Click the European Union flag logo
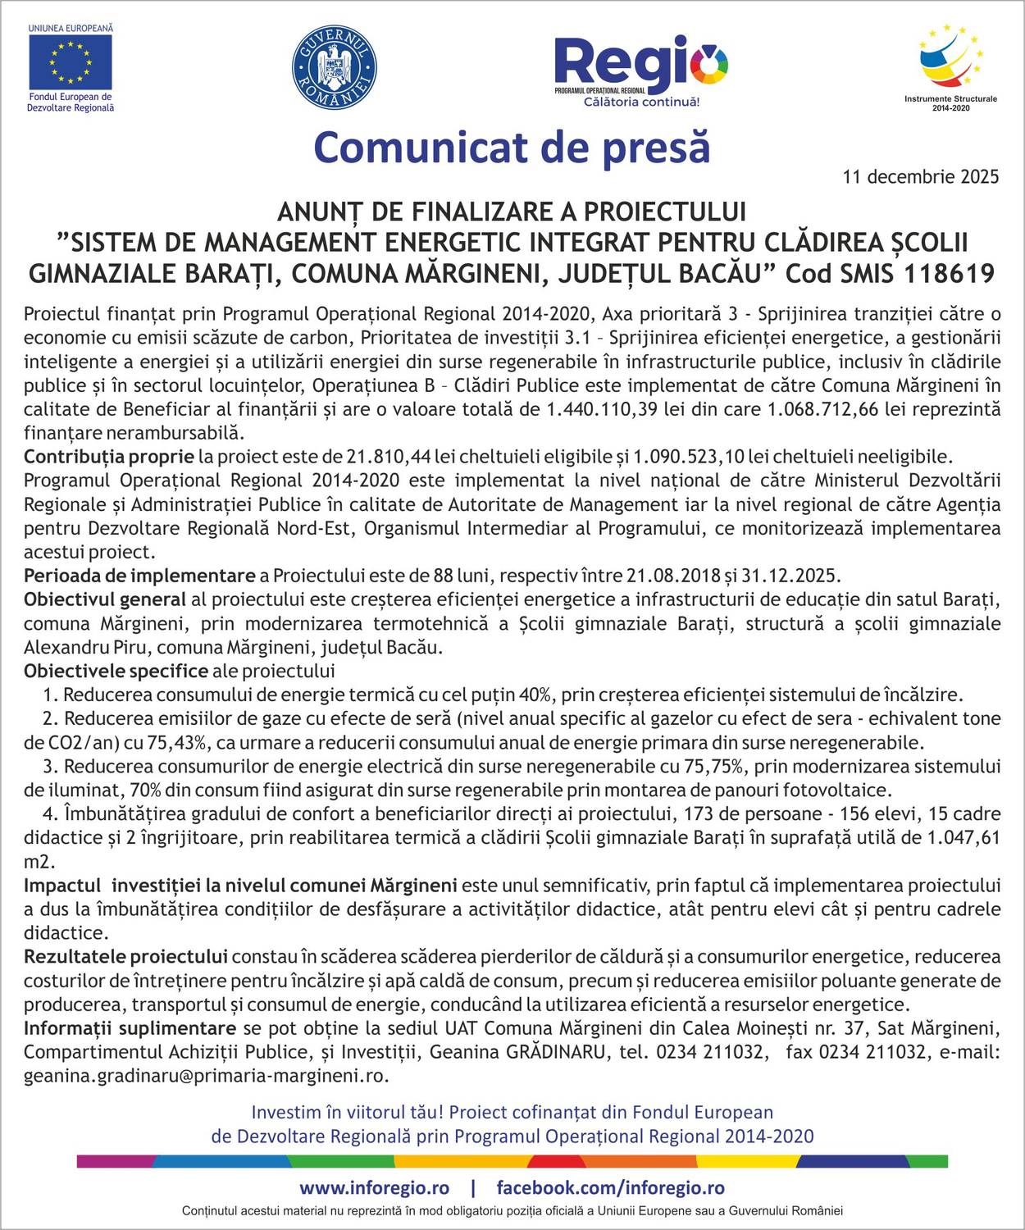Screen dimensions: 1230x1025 pos(71,62)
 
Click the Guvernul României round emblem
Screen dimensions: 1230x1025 pos(334,66)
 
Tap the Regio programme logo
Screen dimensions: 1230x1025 pos(640,69)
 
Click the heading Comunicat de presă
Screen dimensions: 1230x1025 pos(512,148)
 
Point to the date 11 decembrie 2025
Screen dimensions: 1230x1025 pos(921,176)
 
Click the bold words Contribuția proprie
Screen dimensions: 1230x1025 pos(109,456)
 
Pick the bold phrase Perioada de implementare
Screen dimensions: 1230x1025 pos(139,575)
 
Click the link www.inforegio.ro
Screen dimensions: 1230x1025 pos(374,1187)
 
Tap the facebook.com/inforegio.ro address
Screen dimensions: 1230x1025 pos(611,1187)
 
